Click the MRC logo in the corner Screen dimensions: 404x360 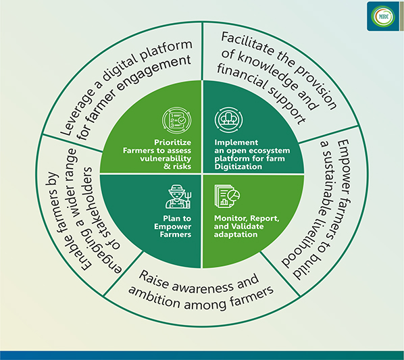click(383, 17)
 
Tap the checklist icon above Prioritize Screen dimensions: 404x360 click(177, 120)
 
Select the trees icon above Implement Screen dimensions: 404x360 click(228, 120)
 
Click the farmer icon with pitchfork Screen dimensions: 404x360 click(178, 197)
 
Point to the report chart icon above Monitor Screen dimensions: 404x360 click(227, 196)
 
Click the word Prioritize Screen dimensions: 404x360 click(173, 143)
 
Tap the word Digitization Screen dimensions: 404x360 click(238, 167)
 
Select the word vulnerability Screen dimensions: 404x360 click(166, 158)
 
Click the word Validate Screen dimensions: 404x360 click(247, 226)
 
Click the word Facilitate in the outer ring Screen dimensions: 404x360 click(247, 45)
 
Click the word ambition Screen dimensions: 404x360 click(154, 298)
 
